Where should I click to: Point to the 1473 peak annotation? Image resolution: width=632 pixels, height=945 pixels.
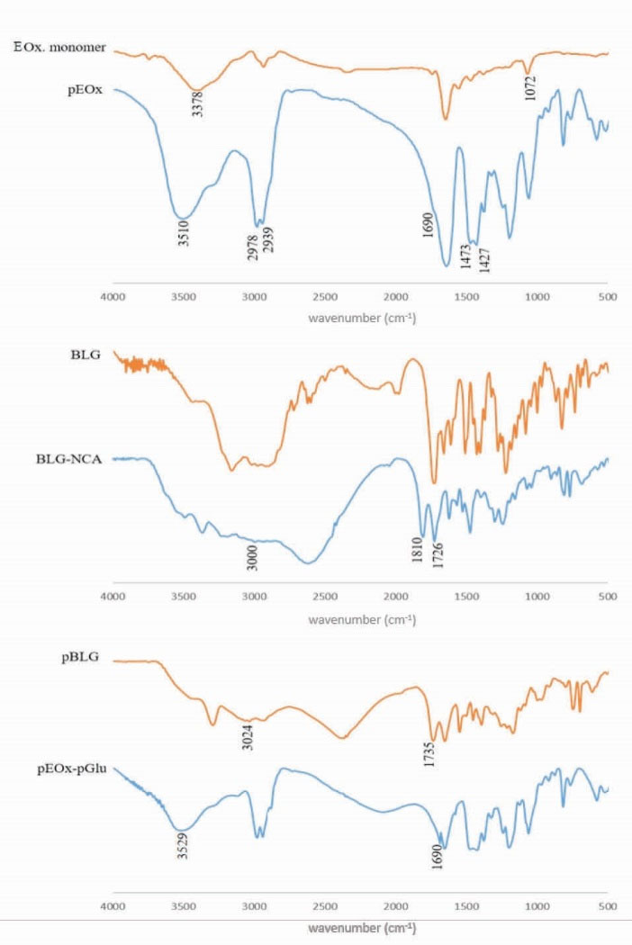[x=465, y=258]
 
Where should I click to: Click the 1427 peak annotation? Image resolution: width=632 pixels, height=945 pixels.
[x=483, y=262]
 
